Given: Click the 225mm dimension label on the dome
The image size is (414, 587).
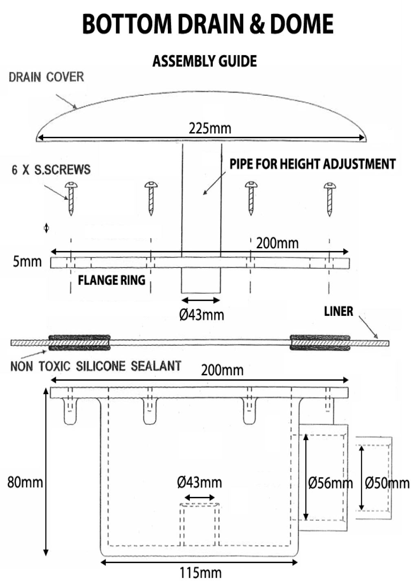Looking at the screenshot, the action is (x=210, y=129).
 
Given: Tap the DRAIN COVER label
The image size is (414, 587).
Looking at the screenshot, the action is (x=46, y=77).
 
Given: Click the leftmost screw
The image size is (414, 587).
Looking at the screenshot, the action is (x=71, y=199).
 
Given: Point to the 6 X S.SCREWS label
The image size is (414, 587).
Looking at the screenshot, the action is (x=51, y=170).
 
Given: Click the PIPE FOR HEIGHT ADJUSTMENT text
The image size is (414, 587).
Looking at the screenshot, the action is (x=313, y=164).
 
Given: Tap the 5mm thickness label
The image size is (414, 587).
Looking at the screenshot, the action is (x=27, y=262).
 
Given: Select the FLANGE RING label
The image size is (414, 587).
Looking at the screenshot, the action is (x=112, y=280).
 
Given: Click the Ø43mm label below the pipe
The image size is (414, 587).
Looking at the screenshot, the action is (x=201, y=315).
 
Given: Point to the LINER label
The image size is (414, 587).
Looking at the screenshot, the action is (x=339, y=311).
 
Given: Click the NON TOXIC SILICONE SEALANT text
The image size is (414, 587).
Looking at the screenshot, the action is (x=96, y=366).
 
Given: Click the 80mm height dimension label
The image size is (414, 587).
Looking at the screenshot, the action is (x=25, y=482).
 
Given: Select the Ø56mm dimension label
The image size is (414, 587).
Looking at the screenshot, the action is (x=330, y=483).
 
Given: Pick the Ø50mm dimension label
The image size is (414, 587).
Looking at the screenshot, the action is (x=387, y=483).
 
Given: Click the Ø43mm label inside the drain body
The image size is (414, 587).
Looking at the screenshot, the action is (x=199, y=482).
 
